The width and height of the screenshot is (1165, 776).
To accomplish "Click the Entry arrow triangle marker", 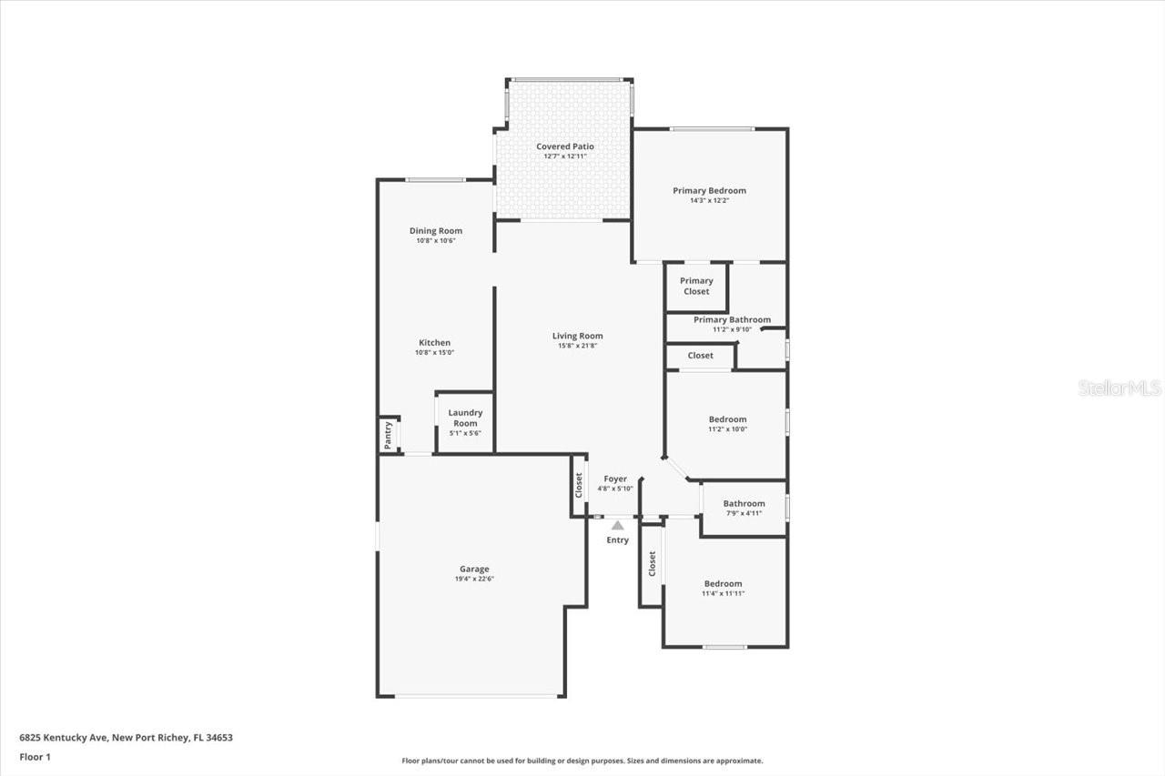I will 617,525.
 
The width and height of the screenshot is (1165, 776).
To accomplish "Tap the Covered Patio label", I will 564,146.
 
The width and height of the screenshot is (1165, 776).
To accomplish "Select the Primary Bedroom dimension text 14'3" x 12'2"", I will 709,200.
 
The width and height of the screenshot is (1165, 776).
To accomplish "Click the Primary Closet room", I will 696,287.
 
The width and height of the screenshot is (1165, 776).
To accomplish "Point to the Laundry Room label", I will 465,418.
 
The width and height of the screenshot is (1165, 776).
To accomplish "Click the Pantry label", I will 389,435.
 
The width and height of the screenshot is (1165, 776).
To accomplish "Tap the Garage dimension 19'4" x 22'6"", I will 473,579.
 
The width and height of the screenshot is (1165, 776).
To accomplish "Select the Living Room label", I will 577,336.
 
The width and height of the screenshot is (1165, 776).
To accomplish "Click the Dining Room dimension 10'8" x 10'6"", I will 435,240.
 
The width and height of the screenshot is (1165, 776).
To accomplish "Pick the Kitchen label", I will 434,343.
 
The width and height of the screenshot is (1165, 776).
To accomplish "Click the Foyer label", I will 615,479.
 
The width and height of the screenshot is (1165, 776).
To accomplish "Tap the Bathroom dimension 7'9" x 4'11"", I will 744,513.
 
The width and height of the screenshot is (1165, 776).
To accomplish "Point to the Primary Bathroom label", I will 732,319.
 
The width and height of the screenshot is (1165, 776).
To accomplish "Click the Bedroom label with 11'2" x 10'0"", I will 727,419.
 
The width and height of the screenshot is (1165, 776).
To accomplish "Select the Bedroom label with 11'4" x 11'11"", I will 723,583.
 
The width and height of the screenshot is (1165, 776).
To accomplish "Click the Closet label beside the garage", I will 578,485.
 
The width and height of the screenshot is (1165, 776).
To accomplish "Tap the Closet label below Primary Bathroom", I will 700,356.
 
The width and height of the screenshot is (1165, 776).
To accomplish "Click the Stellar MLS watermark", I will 1119,388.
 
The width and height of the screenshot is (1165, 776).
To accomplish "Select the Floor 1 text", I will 35,757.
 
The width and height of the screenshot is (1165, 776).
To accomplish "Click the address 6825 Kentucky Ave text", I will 126,738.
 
